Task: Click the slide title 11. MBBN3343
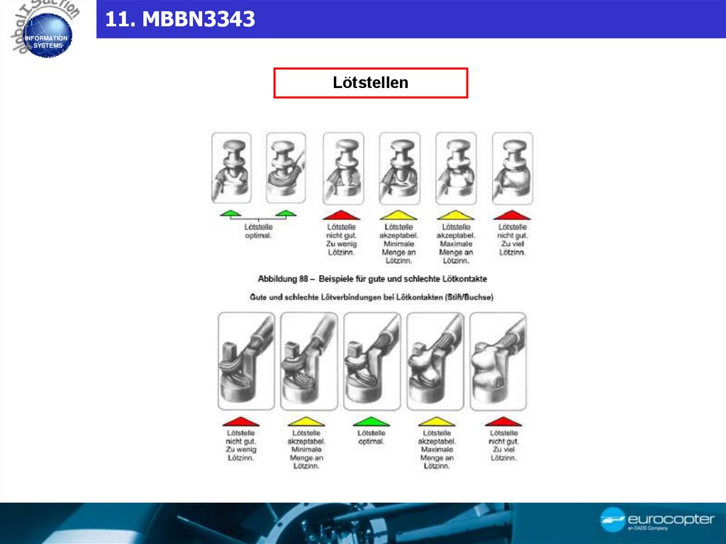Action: point(180,19)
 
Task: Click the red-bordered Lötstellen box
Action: point(370,83)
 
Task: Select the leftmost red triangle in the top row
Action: point(342,214)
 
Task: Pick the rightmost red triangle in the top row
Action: point(512,214)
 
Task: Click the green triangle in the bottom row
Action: point(372,421)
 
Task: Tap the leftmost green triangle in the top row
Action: point(230,213)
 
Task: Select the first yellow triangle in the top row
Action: point(398,214)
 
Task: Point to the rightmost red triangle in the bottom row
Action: point(503,421)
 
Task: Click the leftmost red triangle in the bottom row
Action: point(241,421)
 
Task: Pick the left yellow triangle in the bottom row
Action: point(306,421)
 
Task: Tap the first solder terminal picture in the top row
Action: point(230,167)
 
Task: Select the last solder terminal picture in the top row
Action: point(512,167)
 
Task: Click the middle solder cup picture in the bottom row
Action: point(372,362)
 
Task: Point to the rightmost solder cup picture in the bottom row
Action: point(498,362)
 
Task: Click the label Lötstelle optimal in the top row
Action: point(258,231)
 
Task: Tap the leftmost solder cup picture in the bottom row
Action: point(245,362)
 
